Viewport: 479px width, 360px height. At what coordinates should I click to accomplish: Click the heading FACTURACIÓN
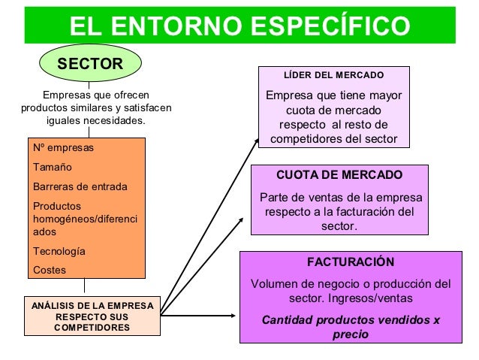pyautogui.click(x=351, y=262)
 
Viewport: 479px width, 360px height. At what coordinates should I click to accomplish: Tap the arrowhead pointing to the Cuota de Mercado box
pyautogui.click(x=243, y=219)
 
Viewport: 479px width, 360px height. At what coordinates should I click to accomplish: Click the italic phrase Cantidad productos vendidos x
pyautogui.click(x=351, y=319)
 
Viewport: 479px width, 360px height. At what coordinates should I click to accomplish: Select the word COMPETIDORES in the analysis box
pyautogui.click(x=92, y=328)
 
